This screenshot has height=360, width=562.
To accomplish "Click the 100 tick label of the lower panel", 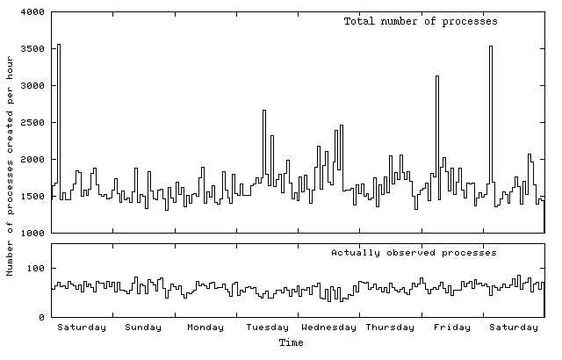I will (x=36, y=268).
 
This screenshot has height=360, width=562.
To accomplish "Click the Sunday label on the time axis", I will (x=143, y=328).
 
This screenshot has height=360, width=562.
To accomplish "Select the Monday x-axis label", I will (x=205, y=328).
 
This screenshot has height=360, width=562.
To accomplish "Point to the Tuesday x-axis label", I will (x=267, y=328).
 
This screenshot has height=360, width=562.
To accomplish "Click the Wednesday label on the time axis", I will (x=328, y=328).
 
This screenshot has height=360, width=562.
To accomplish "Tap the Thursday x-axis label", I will (x=390, y=328).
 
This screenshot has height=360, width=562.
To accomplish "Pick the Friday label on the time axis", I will (x=451, y=328).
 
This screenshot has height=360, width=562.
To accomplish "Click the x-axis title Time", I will (x=291, y=342).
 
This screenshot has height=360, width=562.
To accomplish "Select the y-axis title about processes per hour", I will (x=10, y=165).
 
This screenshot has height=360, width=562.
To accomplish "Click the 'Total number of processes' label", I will (x=421, y=21).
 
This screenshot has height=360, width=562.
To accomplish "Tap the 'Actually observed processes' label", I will (x=414, y=252).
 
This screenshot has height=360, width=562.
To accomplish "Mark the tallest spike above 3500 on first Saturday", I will (x=58, y=46).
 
